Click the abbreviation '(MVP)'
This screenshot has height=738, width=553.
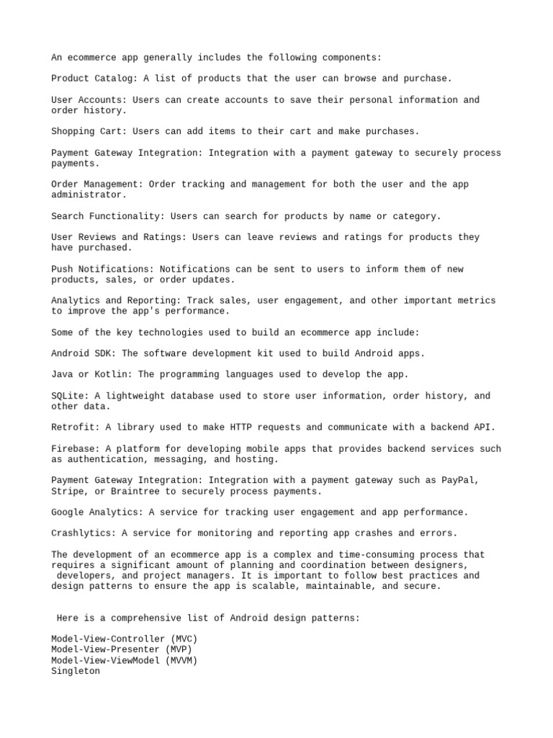pos(173,650)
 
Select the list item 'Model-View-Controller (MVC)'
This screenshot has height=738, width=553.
pos(124,639)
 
